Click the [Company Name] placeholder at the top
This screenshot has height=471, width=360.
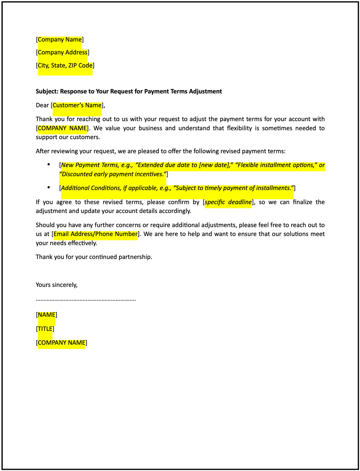60,40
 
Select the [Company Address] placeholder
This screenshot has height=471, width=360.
62,52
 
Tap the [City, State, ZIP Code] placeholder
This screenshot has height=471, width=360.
65,65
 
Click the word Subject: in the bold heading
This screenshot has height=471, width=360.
47,91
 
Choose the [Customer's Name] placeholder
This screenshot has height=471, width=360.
77,105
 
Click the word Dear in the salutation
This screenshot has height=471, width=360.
42,105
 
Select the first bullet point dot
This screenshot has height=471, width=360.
49,164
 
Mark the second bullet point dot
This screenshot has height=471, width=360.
49,187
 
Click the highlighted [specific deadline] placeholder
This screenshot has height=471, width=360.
228,202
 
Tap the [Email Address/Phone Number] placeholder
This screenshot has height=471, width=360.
95,234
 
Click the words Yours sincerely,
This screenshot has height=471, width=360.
57,285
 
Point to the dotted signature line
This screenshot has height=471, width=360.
86,299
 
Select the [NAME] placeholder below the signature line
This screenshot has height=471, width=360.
46,315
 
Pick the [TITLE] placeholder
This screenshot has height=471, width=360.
45,329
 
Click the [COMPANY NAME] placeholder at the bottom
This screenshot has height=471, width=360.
61,343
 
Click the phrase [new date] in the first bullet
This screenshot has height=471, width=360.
214,165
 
